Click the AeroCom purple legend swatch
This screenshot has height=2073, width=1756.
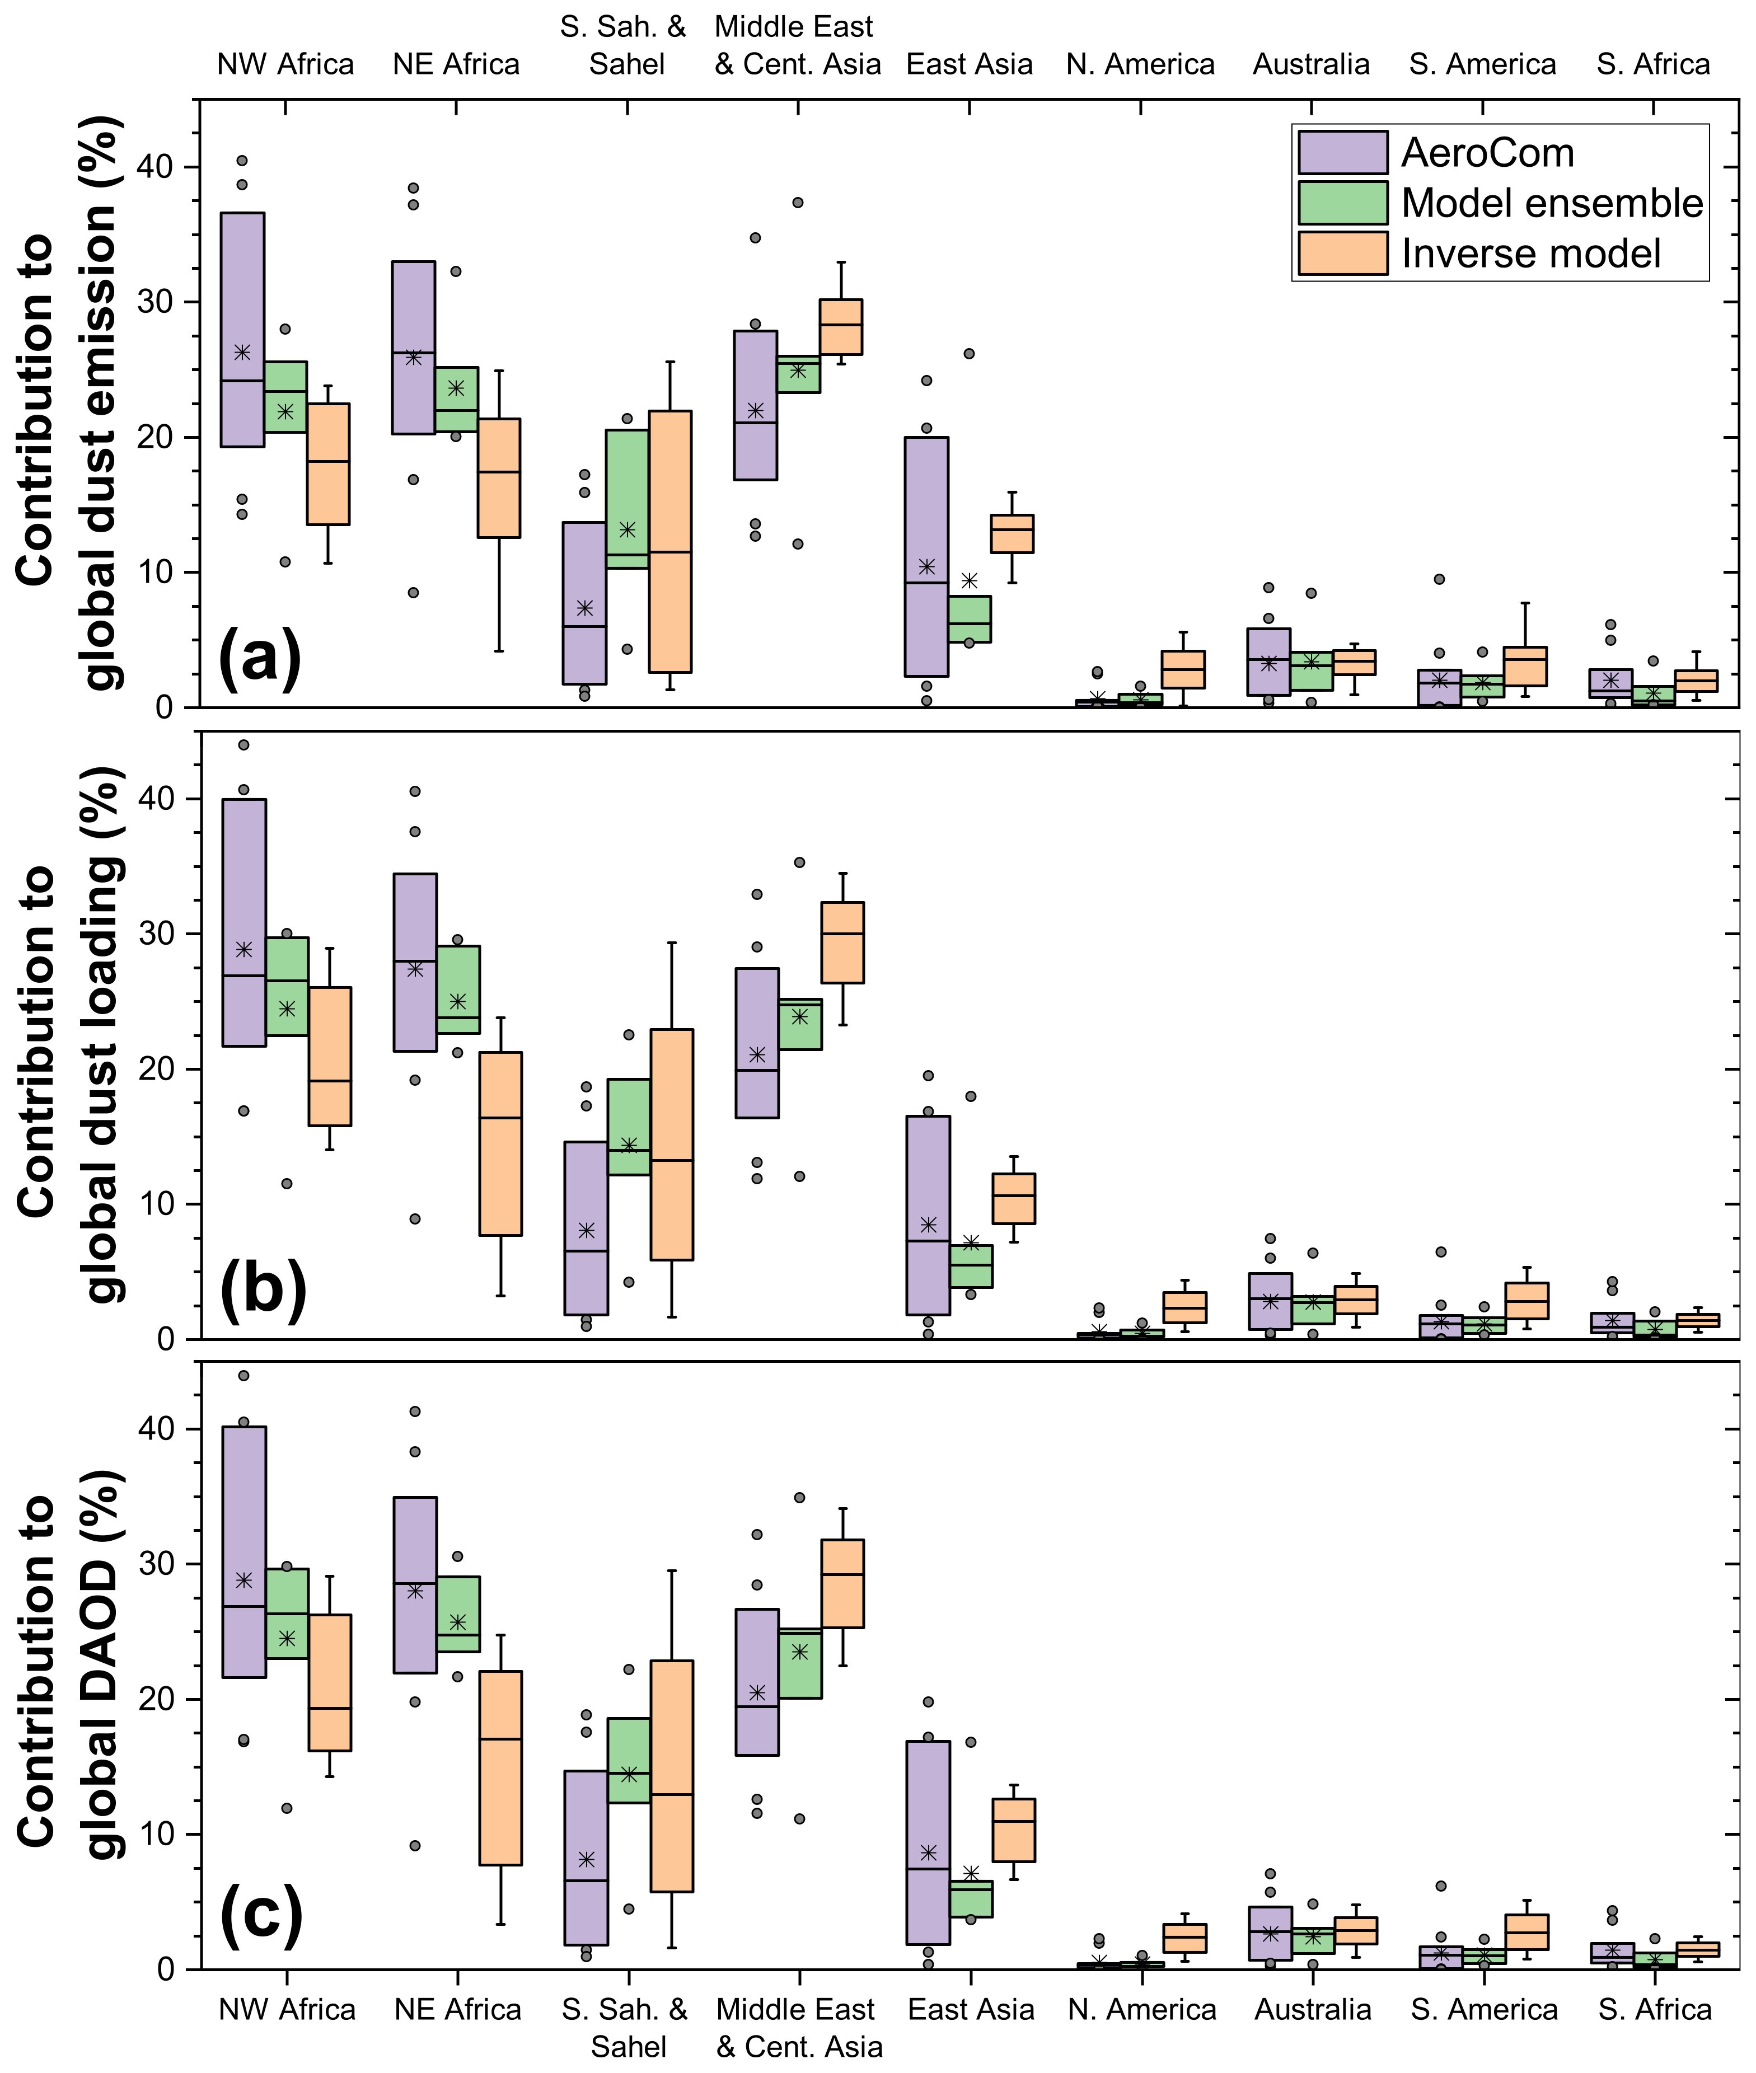click(x=1342, y=152)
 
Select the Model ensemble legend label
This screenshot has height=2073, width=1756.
click(x=1551, y=203)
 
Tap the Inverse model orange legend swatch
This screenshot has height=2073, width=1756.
click(x=1342, y=253)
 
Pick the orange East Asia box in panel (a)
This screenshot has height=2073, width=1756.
click(x=1012, y=533)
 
